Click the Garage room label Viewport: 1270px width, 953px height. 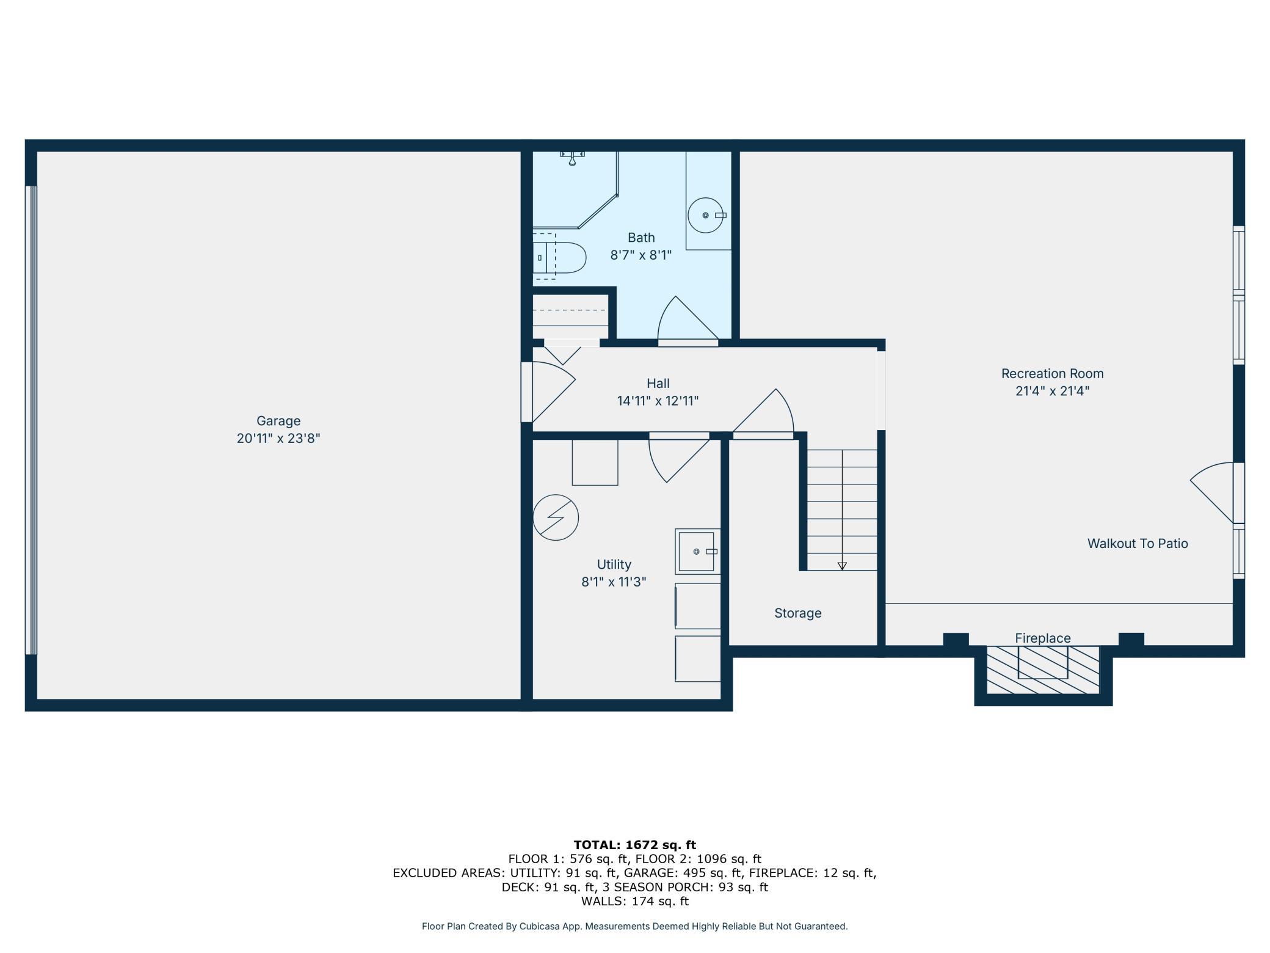[278, 421]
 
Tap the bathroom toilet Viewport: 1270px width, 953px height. [559, 258]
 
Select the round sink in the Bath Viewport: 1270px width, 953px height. [705, 215]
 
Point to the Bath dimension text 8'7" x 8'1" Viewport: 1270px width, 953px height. [641, 255]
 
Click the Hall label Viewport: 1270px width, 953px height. [658, 383]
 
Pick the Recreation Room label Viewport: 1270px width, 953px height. [1052, 373]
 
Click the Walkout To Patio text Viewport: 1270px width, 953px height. [1138, 543]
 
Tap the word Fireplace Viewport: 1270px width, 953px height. [1043, 638]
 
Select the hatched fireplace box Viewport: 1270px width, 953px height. [1043, 670]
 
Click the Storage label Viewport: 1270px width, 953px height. [798, 613]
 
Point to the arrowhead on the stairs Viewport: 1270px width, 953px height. [842, 566]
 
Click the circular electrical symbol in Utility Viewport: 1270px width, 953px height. [556, 517]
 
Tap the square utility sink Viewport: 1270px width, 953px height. [697, 552]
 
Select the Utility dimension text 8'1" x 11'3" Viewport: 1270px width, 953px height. [614, 582]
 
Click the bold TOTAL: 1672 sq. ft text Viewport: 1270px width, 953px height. [635, 845]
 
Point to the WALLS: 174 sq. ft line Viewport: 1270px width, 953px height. [635, 901]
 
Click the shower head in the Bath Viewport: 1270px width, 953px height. [572, 158]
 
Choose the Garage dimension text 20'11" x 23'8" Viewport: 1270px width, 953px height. [278, 438]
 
